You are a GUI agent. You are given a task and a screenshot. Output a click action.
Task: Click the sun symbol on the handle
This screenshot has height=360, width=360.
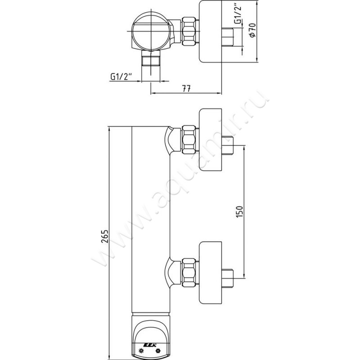(x=142, y=350)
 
